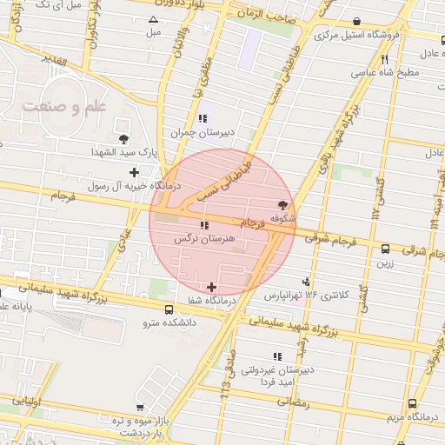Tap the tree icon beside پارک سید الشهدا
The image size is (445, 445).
[x=123, y=138]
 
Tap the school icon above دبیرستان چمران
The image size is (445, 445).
[x=203, y=119]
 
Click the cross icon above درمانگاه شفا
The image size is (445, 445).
[x=213, y=287]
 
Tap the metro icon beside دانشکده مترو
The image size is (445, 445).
[x=169, y=309]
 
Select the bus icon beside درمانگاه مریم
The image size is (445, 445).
[x=412, y=403]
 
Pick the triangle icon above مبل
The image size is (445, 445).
[x=154, y=19]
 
